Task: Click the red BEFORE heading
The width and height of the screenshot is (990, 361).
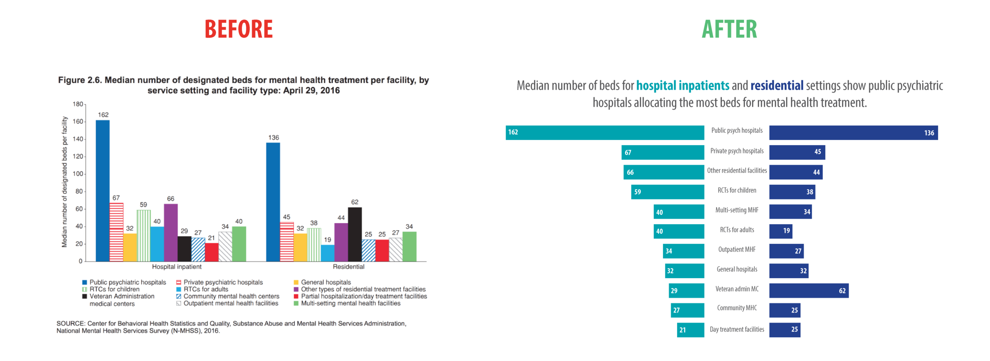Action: tap(238, 29)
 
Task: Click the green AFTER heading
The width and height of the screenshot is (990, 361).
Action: tap(729, 29)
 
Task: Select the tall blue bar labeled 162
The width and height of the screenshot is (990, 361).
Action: tap(103, 190)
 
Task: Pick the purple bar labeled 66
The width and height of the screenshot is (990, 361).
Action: tap(171, 233)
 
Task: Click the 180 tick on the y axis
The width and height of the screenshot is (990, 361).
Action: tap(78, 104)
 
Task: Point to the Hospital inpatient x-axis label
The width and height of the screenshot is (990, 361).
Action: tap(177, 267)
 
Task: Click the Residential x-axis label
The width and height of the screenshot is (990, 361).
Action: tap(348, 267)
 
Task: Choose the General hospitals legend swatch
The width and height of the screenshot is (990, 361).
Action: tap(296, 283)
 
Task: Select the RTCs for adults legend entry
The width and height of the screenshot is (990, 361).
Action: tap(206, 289)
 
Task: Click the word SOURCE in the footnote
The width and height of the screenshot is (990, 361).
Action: tap(70, 323)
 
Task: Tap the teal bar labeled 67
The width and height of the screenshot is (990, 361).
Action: tap(663, 152)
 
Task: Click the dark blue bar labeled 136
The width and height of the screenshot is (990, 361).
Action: tap(853, 133)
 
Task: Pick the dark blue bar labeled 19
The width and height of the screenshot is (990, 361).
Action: tap(781, 231)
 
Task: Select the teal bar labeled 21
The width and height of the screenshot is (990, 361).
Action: tap(690, 330)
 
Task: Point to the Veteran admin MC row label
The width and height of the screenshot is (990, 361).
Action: tap(737, 289)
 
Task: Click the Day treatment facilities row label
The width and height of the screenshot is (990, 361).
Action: tap(737, 329)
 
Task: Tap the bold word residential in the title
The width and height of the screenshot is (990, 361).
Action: tap(777, 86)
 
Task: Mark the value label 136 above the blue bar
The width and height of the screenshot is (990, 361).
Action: tap(273, 138)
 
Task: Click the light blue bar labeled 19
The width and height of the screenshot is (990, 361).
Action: tap(327, 253)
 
